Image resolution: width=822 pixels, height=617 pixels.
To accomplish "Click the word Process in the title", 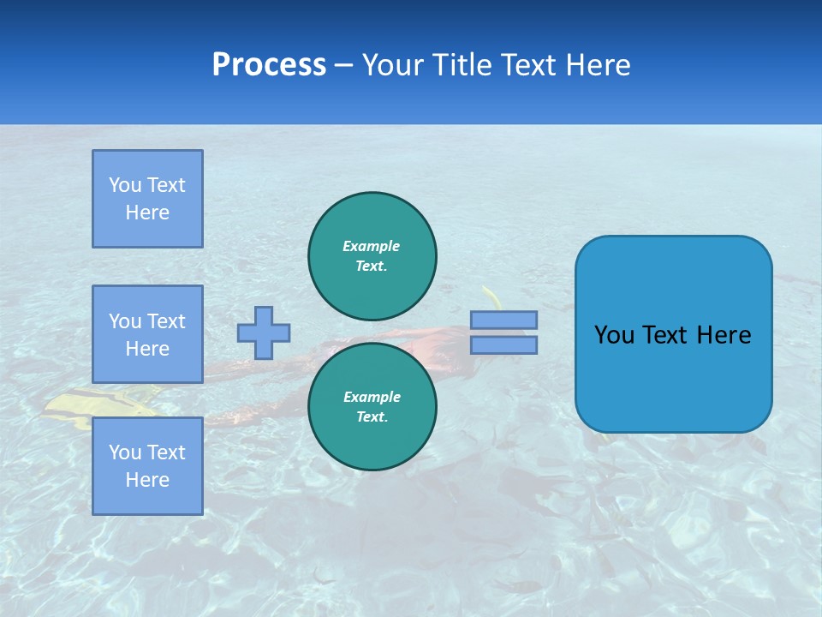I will [269, 65].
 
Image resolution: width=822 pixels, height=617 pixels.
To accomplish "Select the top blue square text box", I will [147, 199].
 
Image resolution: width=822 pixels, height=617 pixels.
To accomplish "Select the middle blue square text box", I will [147, 334].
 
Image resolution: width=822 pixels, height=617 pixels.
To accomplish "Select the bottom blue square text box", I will [147, 466].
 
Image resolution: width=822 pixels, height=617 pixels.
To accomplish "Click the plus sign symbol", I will [264, 332].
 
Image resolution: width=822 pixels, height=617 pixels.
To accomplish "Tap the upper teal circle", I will [372, 255].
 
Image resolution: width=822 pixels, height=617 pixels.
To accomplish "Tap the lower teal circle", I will [372, 406].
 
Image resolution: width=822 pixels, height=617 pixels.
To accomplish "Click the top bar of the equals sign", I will [503, 320].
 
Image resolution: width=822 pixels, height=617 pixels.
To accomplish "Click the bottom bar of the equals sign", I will [503, 344].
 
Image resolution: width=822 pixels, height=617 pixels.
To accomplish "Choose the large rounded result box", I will [673, 334].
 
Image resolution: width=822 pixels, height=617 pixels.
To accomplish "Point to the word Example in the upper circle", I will [372, 246].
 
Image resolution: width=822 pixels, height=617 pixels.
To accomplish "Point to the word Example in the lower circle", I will [372, 397].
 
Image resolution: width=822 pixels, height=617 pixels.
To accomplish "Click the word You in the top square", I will [124, 185].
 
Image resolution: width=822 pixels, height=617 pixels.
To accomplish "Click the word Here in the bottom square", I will [147, 480].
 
